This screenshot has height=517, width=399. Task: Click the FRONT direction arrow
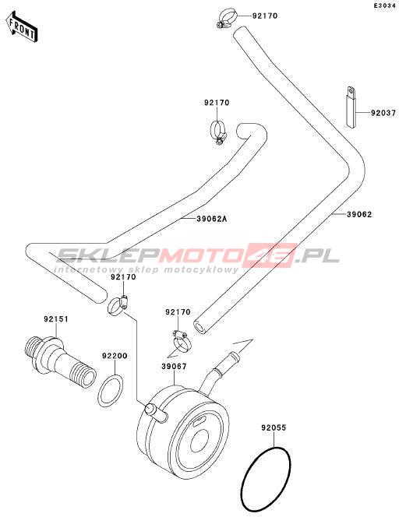tap(22, 27)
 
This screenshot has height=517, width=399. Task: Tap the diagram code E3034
tap(384, 5)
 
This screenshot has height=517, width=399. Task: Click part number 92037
tap(383, 113)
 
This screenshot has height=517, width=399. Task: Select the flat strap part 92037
tap(351, 106)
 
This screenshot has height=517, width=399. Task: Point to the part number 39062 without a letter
tap(359, 214)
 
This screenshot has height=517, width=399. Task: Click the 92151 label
tap(56, 318)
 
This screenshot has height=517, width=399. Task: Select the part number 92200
tap(115, 356)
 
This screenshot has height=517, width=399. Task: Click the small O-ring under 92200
tap(111, 391)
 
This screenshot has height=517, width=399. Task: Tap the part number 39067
tap(174, 366)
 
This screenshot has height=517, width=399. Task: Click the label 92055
tap(274, 427)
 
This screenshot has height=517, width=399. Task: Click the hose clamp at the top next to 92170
tap(227, 18)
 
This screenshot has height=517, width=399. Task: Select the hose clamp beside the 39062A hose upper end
tap(218, 132)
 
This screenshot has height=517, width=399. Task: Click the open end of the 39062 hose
tap(200, 328)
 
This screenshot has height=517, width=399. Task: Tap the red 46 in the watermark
tap(271, 255)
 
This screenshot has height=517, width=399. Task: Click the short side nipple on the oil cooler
tap(156, 413)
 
